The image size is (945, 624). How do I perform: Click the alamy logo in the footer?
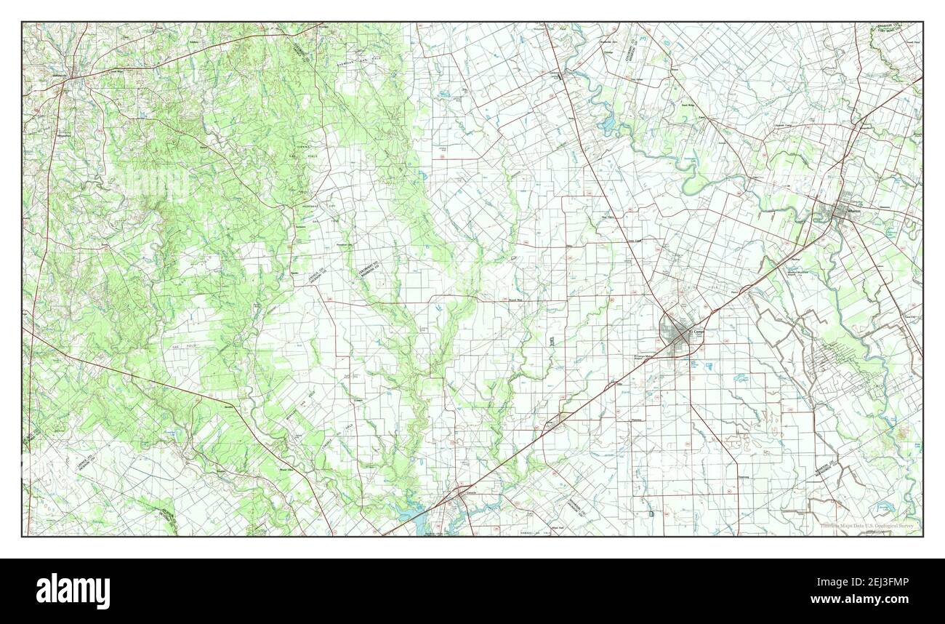click(x=73, y=591)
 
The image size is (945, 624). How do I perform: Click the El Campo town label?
click(x=696, y=332)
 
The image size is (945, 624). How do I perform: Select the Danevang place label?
click(x=743, y=477)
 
